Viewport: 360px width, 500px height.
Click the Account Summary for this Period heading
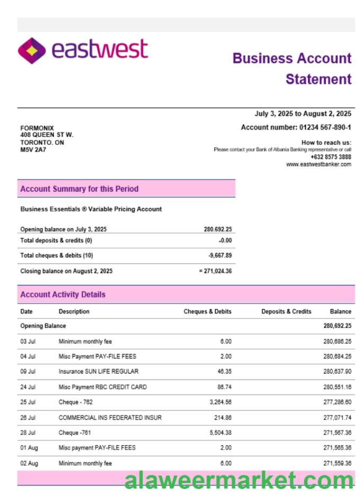point(79,189)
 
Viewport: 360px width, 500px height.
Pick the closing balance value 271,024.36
point(217,271)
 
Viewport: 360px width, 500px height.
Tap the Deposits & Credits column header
point(286,312)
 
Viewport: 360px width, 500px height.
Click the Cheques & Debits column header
point(208,312)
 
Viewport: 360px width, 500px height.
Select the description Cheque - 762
point(76,402)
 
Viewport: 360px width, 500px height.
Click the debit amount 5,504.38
point(219,433)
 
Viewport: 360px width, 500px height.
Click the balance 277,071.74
point(337,417)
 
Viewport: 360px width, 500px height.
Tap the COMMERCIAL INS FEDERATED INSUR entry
point(110,417)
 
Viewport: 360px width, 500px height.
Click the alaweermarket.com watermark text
point(238,480)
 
